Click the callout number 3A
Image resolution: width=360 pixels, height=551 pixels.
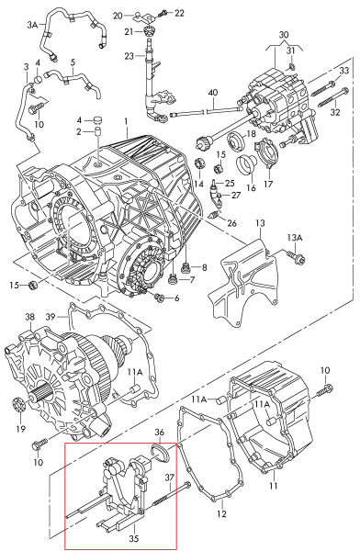tap(32, 24)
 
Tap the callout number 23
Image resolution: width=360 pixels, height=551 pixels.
tap(129, 56)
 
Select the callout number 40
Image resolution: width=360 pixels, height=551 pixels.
tap(213, 93)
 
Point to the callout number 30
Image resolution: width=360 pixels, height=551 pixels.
tap(284, 35)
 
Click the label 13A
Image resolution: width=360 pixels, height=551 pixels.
tap(295, 238)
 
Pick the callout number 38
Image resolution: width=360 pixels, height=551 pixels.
tap(30, 317)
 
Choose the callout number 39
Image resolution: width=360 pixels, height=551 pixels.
tap(51, 317)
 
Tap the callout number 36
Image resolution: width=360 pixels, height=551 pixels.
tap(160, 433)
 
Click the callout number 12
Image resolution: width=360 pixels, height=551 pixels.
tap(221, 513)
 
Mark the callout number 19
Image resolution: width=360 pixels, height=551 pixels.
tap(21, 429)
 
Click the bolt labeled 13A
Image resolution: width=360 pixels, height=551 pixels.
tap(296, 257)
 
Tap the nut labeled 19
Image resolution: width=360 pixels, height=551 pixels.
tap(18, 404)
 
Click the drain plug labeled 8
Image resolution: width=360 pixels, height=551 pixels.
tap(186, 268)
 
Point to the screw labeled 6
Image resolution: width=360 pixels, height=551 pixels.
tap(160, 298)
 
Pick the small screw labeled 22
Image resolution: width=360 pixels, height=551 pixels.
tap(163, 14)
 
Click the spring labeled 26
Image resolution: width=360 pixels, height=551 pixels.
tap(215, 215)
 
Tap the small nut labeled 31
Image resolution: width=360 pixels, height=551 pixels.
tap(291, 66)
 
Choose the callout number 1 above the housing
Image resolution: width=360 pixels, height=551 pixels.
tap(126, 121)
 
